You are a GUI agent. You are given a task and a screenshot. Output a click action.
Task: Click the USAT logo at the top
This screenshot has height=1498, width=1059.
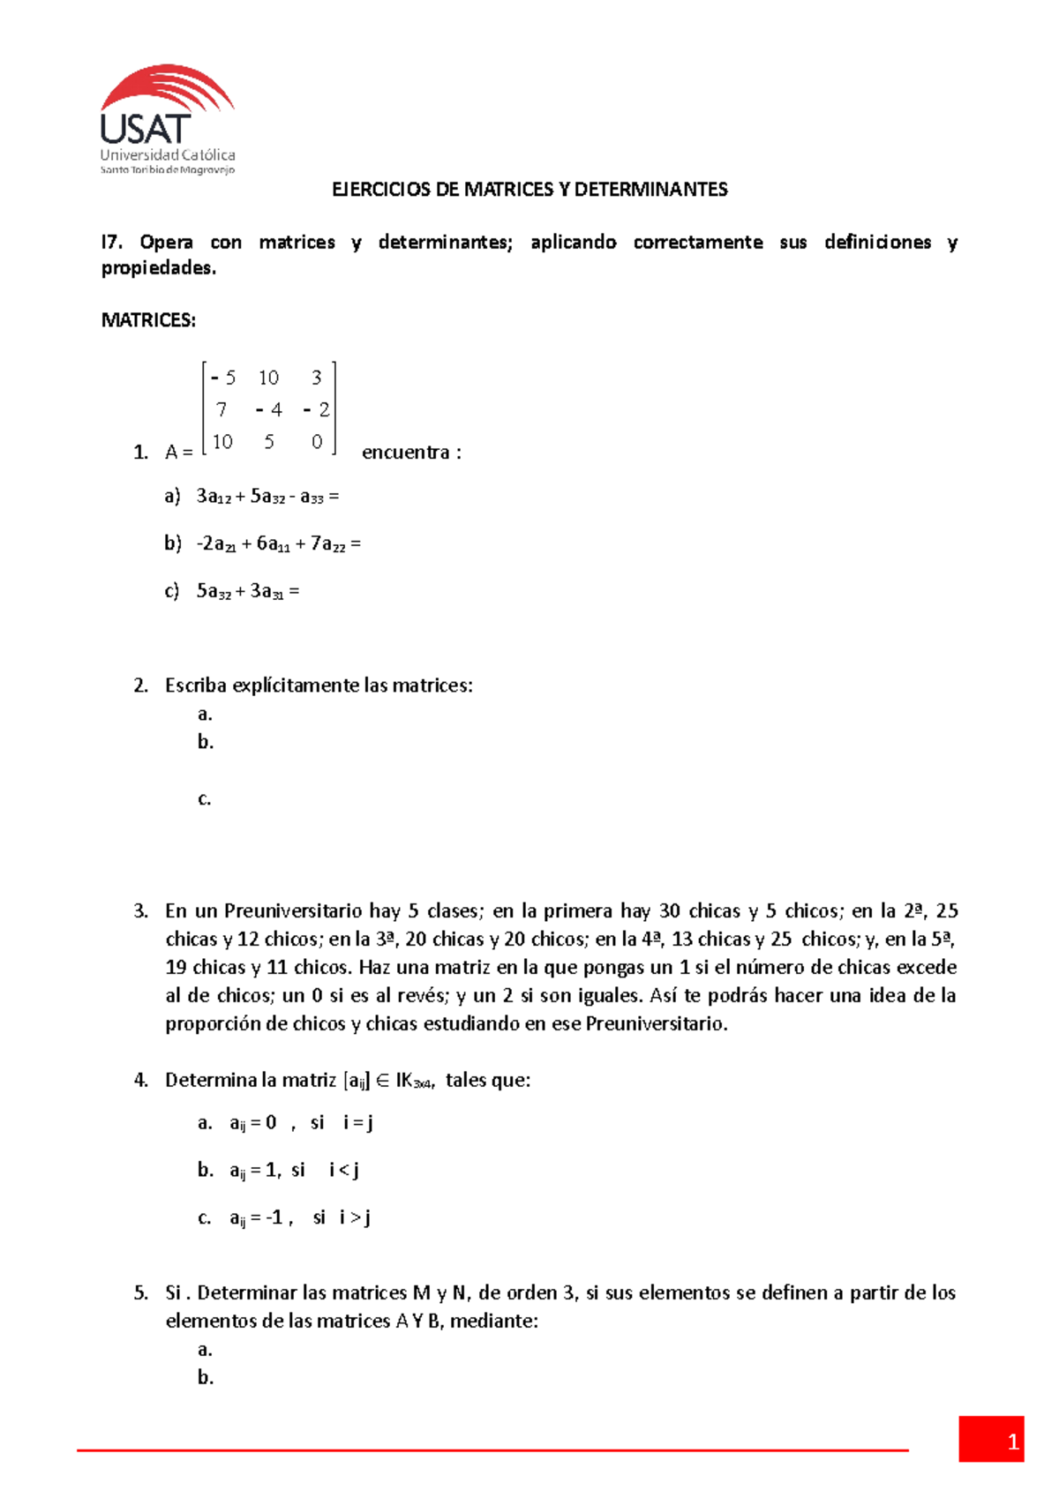(x=167, y=119)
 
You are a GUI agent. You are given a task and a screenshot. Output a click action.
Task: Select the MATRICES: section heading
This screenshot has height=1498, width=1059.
(x=148, y=320)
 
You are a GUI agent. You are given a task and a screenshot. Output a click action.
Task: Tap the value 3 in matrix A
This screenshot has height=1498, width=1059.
(x=316, y=378)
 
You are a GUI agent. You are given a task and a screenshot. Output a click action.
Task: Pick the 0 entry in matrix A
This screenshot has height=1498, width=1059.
(x=317, y=442)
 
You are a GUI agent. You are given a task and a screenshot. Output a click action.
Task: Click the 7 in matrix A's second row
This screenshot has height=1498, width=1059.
(x=222, y=410)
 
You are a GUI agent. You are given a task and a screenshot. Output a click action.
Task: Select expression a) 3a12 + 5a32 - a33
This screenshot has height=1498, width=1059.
(x=267, y=497)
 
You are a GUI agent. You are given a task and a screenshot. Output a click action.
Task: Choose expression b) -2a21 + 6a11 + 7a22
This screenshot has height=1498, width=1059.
(x=278, y=544)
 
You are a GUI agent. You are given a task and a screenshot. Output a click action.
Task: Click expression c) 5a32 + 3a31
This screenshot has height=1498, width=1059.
(x=248, y=591)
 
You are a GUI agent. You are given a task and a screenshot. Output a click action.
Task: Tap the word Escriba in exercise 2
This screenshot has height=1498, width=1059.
(x=196, y=685)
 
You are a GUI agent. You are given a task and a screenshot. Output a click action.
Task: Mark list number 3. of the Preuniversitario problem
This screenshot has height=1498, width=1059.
(x=141, y=911)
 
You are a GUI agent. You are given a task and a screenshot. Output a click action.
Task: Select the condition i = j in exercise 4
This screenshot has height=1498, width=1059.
(x=358, y=1123)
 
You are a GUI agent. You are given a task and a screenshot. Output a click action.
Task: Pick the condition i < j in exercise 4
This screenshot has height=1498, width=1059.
(x=343, y=1171)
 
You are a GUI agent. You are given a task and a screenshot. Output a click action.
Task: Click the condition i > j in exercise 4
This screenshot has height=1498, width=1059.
(x=355, y=1218)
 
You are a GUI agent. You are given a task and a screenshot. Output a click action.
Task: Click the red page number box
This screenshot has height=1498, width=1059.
(x=991, y=1440)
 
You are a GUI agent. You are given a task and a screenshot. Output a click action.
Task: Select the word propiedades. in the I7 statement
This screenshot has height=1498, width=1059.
(x=159, y=268)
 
